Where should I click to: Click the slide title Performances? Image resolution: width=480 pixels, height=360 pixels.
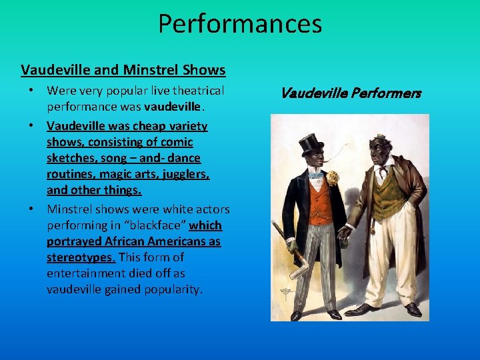pyautogui.click(x=240, y=24)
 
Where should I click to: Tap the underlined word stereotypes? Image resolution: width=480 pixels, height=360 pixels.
pyautogui.click(x=81, y=257)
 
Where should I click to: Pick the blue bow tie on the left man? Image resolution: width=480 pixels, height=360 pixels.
pyautogui.click(x=315, y=175)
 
